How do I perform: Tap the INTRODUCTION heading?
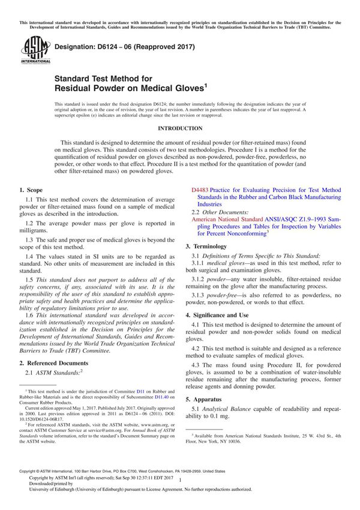pyautogui.click(x=179, y=128)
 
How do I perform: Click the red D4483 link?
pyautogui.click(x=200, y=190)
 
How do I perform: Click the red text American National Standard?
pyautogui.click(x=225, y=220)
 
